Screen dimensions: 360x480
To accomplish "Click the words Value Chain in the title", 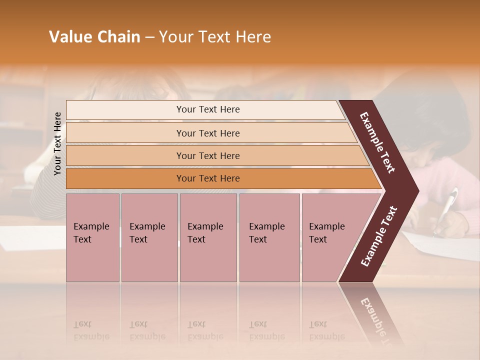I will click(94, 37).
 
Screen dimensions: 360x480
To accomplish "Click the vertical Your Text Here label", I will click(57, 143).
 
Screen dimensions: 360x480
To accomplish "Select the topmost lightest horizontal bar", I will click(125, 110).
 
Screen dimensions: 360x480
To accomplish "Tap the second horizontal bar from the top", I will click(125, 133).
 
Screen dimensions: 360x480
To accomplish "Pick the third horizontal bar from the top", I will click(125, 155).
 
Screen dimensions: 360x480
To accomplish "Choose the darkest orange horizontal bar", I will click(125, 178).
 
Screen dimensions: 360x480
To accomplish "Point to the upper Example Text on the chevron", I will click(377, 142).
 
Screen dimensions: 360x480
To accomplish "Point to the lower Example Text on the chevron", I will click(379, 236).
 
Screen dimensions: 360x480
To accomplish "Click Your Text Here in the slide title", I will click(214, 37).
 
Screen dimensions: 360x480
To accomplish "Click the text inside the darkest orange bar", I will click(208, 178).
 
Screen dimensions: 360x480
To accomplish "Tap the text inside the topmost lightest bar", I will click(208, 109).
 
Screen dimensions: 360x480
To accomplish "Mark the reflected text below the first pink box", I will click(91, 330).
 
